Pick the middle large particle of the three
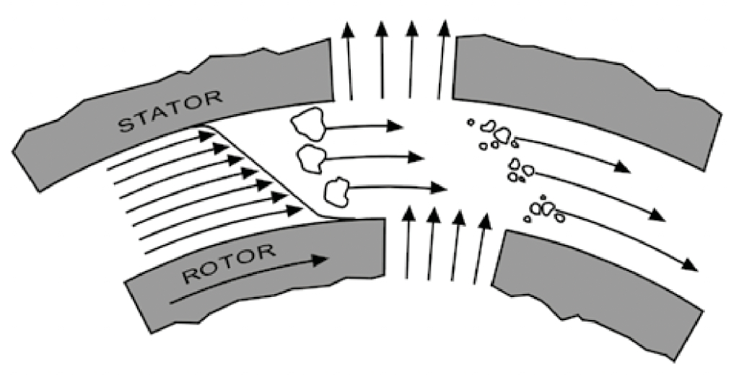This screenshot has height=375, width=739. [x=312, y=158]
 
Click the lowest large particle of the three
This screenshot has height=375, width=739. [x=336, y=191]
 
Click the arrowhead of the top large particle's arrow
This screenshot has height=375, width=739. [x=395, y=126]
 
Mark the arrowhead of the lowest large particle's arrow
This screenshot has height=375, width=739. [x=439, y=189]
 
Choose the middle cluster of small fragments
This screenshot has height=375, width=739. [x=520, y=170]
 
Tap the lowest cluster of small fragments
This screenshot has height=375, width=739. [x=543, y=210]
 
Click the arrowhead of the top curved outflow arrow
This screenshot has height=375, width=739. [x=623, y=169]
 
